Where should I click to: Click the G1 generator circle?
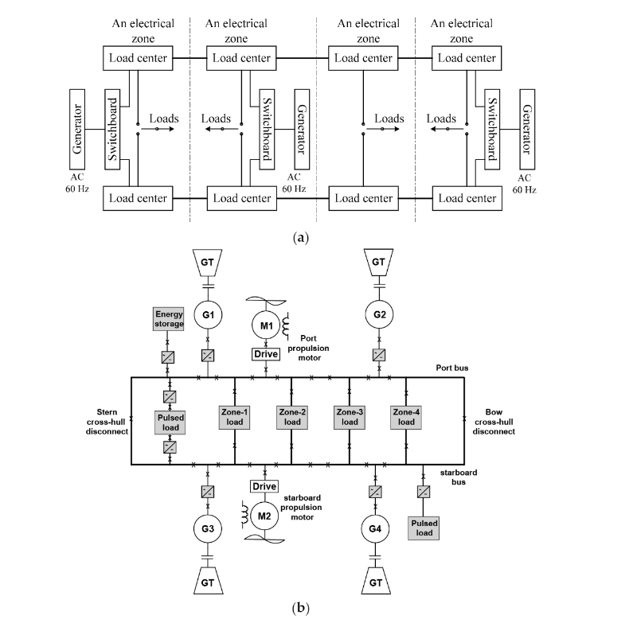(208, 315)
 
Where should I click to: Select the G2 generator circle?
(378, 315)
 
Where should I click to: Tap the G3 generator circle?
(207, 528)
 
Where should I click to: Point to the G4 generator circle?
(377, 528)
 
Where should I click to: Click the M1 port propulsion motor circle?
(264, 325)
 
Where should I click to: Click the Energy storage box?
(169, 319)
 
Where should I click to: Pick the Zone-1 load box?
(236, 417)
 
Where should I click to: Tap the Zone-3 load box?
(350, 417)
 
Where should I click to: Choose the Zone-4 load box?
(406, 417)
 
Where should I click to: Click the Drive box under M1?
(264, 353)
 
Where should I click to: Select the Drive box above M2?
(264, 486)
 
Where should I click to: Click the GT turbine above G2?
(378, 261)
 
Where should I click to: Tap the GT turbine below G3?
(207, 581)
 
